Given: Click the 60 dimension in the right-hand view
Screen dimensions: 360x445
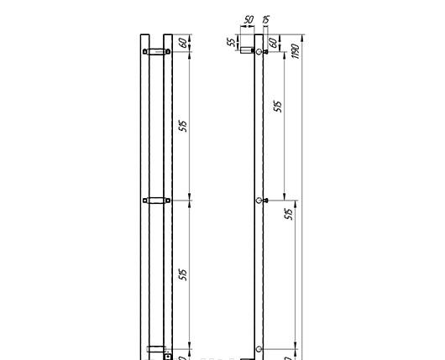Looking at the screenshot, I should click(274, 42).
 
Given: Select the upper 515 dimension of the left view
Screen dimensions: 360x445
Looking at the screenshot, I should click(182, 126).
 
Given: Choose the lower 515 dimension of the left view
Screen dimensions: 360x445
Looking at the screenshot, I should click(182, 274).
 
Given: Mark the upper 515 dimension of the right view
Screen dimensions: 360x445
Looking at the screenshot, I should click(279, 107).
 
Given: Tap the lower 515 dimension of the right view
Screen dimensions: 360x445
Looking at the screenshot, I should click(289, 214).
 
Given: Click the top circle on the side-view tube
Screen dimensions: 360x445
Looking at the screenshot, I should click(259, 52).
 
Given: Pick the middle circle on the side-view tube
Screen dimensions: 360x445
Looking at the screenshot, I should click(259, 201).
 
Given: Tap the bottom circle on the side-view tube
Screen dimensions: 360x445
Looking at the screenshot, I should click(259, 348).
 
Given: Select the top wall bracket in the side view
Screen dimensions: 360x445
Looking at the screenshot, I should click(248, 49).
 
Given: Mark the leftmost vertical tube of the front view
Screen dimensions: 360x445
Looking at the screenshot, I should click(144, 193).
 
